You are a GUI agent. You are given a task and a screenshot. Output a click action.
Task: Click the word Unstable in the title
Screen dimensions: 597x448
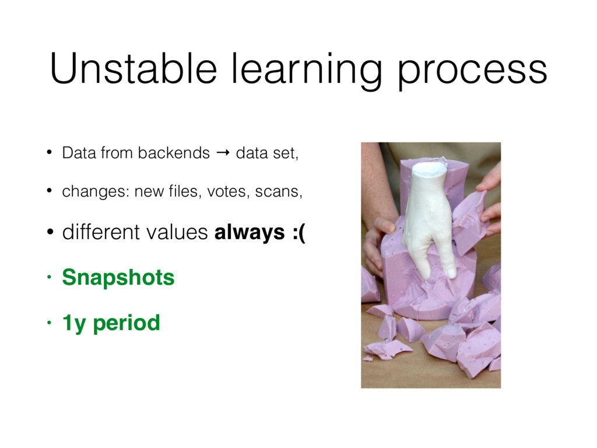134,69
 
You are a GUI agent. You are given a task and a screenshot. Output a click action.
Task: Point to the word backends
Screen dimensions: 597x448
174,153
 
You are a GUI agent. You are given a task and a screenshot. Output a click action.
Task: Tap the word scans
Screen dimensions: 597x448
278,191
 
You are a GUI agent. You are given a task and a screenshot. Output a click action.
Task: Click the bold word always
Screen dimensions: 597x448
250,232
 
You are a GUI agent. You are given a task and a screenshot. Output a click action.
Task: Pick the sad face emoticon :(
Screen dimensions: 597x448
299,232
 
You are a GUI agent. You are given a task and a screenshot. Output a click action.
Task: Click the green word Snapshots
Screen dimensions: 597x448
118,278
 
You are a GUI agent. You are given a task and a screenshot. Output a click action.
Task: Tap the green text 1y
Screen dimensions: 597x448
74,324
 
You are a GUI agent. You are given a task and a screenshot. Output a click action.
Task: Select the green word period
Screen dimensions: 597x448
127,324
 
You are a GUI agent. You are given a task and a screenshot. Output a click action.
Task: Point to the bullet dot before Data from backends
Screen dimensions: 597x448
49,153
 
